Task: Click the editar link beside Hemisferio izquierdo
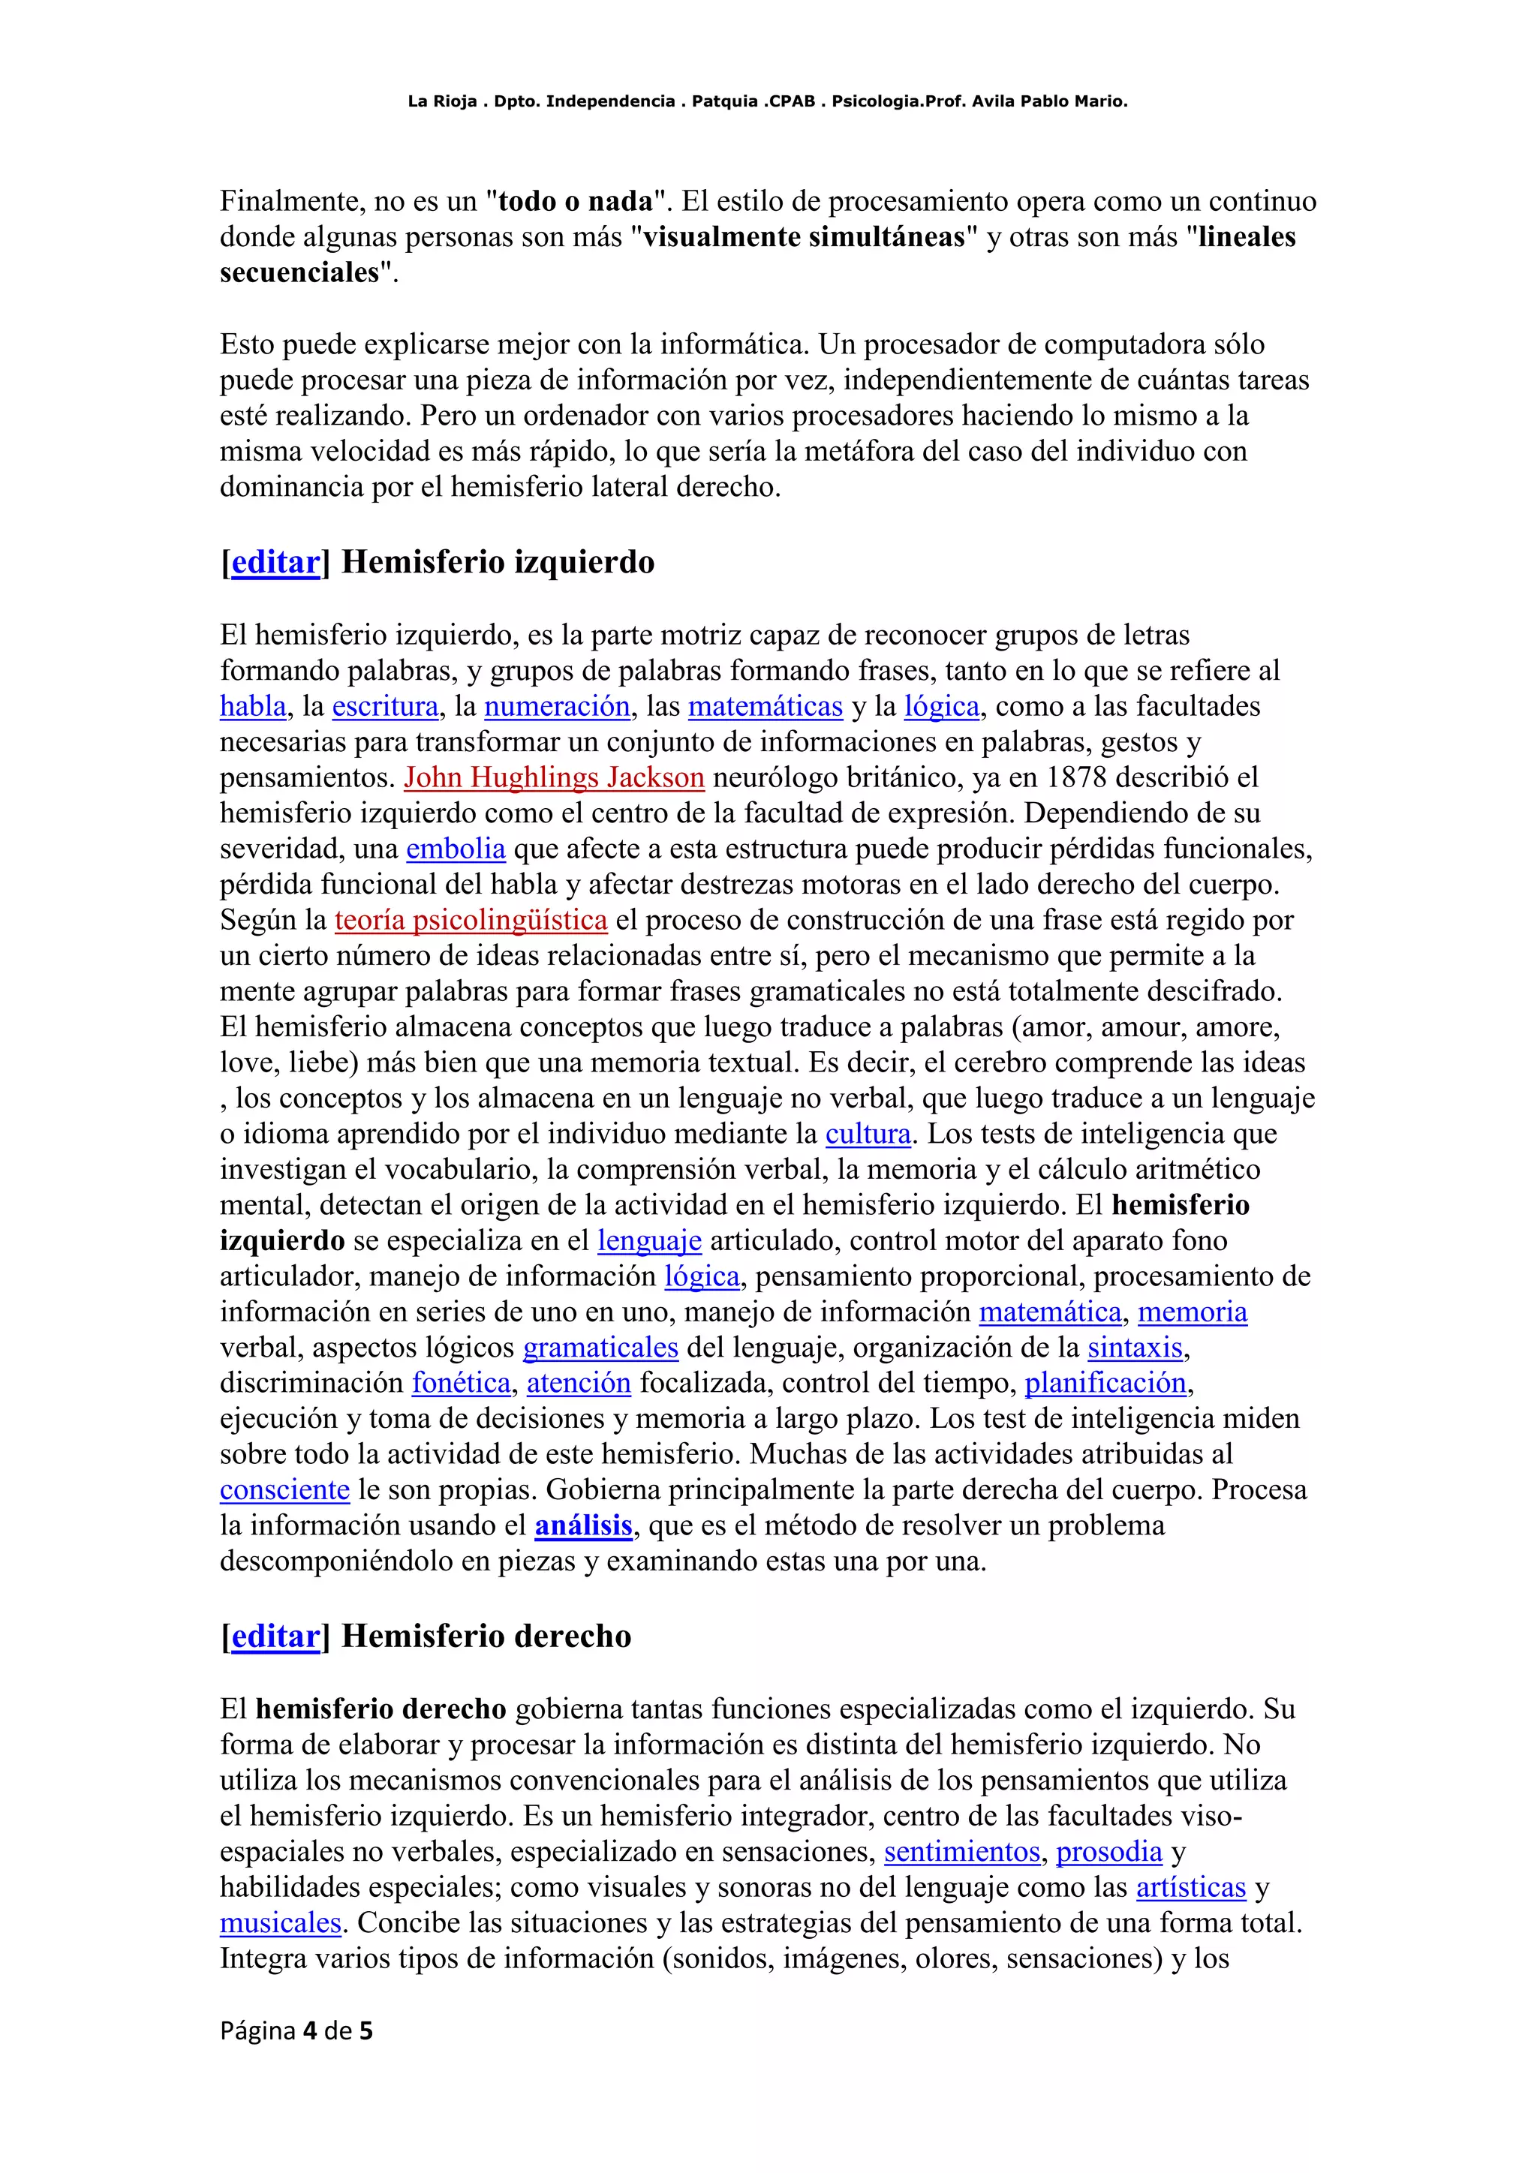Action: point(275,562)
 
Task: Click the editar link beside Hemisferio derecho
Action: point(275,1637)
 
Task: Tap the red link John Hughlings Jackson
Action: point(554,778)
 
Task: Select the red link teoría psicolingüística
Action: point(471,920)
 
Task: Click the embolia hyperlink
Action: point(456,849)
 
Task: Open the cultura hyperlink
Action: point(868,1134)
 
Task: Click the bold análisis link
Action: point(583,1525)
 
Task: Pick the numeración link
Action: point(557,707)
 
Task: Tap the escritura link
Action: point(385,707)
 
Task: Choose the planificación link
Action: point(1105,1384)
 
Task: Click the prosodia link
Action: point(1108,1851)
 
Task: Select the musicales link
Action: point(280,1923)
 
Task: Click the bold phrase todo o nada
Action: point(576,202)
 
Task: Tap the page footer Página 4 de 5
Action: point(296,2030)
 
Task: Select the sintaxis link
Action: point(1135,1348)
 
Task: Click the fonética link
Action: point(461,1384)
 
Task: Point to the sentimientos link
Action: point(961,1851)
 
